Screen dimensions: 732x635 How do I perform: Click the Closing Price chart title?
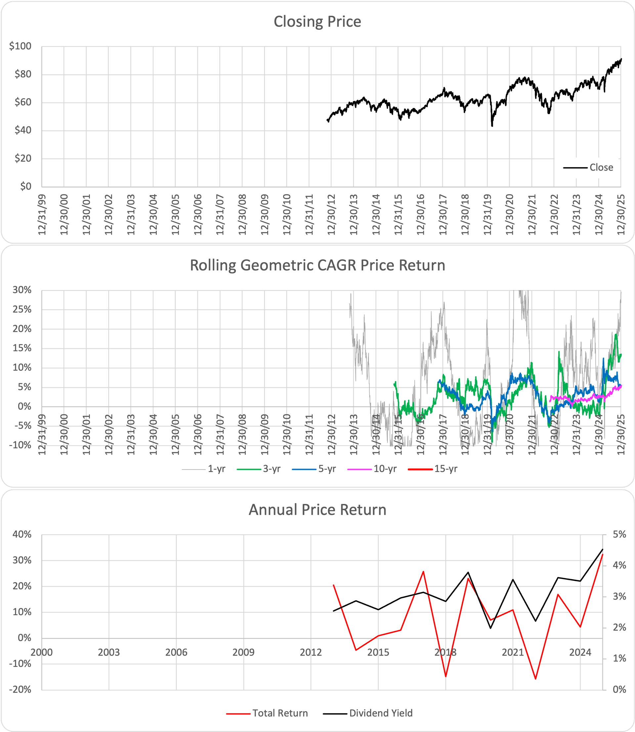coord(317,22)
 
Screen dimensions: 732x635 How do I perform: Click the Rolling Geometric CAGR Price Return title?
coord(317,265)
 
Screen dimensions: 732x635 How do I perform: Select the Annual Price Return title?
coord(317,510)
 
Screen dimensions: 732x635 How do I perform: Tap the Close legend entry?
coord(601,167)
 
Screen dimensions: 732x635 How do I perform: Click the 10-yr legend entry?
coord(385,469)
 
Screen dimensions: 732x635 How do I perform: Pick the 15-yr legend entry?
coord(446,469)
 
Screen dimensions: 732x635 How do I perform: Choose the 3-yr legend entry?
coord(272,469)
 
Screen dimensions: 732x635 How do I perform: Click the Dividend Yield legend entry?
coord(381,713)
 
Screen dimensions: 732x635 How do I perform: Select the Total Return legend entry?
coord(280,713)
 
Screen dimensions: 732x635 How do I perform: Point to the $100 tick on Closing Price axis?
coord(21,46)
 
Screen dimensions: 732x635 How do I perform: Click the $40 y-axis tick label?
coord(23,130)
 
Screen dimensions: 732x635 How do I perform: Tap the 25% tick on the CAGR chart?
coord(22,309)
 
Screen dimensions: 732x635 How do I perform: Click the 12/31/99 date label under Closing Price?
coord(43,214)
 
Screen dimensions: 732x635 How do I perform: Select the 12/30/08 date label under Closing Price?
coord(242,214)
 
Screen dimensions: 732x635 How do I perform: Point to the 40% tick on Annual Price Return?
coord(22,534)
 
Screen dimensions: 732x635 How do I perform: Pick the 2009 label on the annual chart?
coord(243,652)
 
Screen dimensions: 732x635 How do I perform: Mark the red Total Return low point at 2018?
coord(446,677)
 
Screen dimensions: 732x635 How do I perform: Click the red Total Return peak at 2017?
coord(423,572)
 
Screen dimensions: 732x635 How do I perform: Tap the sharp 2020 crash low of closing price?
coord(492,126)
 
